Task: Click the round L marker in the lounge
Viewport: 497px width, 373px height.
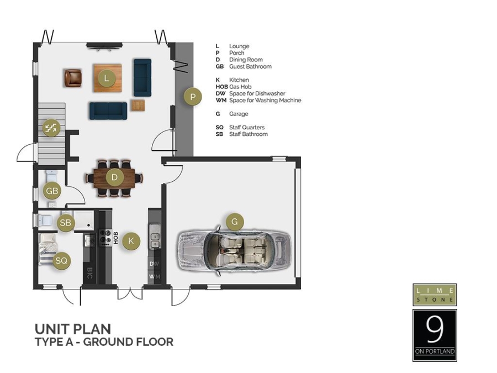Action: click(x=107, y=78)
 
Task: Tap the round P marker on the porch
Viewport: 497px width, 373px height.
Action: click(x=193, y=97)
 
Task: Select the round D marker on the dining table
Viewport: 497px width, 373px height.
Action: click(x=114, y=177)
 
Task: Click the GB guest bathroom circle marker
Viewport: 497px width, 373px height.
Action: click(x=52, y=191)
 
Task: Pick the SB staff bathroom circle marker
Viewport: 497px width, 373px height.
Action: click(x=66, y=223)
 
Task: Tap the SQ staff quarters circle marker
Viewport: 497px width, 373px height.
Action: click(x=62, y=260)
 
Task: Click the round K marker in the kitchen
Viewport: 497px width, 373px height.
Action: click(x=131, y=240)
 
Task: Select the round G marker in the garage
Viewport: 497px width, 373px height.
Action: click(x=235, y=222)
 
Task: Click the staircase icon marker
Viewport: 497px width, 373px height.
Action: click(x=51, y=128)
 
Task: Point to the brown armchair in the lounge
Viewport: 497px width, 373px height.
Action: click(x=72, y=78)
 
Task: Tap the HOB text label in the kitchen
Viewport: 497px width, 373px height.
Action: click(x=116, y=238)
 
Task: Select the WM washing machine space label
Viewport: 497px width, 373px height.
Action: click(x=155, y=276)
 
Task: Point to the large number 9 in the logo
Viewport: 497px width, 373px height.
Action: click(x=435, y=330)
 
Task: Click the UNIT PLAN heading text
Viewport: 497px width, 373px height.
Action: click(x=73, y=329)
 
